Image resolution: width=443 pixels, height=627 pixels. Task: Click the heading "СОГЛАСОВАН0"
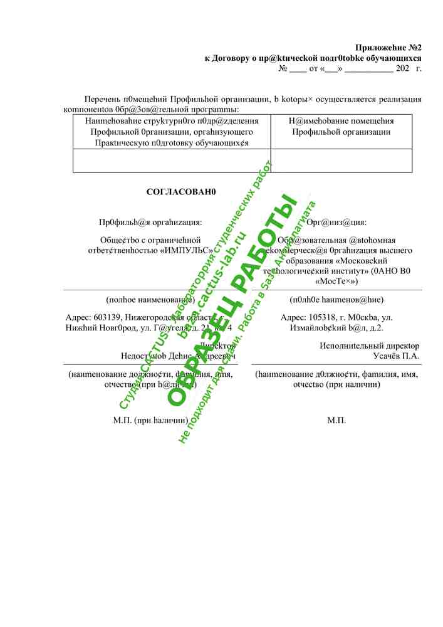[181, 192]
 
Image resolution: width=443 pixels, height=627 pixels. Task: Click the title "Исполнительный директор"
[369, 345]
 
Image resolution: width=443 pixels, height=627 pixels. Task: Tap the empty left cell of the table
[172, 161]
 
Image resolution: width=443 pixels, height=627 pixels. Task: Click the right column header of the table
[341, 126]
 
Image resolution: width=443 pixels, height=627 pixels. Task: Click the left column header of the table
[172, 131]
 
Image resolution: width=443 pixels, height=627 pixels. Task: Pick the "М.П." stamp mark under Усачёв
[336, 420]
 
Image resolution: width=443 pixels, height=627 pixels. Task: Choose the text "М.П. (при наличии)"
[150, 420]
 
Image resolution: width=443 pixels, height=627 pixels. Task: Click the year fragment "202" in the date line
[404, 69]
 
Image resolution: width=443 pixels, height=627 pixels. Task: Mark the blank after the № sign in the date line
[298, 69]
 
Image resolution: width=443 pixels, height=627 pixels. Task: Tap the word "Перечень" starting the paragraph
[103, 100]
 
